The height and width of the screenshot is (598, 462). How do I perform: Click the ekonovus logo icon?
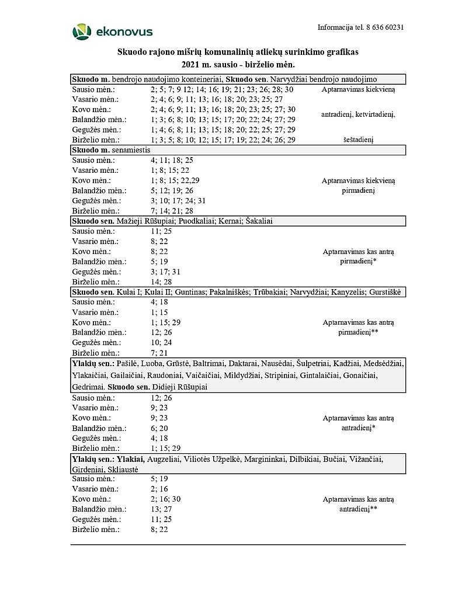click(x=81, y=32)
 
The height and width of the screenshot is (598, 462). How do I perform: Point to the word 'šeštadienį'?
click(x=358, y=140)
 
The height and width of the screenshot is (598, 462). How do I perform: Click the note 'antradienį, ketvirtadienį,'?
click(x=358, y=114)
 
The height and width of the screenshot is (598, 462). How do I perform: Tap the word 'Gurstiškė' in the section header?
click(x=385, y=292)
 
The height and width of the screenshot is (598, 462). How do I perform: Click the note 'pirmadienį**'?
click(x=358, y=332)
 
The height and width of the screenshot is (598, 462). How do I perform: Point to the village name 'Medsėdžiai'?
click(x=383, y=363)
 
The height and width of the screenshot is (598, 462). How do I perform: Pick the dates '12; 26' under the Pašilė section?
click(x=161, y=398)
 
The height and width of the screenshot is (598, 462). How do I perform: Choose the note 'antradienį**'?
click(x=358, y=509)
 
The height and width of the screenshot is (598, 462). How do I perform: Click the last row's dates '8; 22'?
click(x=159, y=530)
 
